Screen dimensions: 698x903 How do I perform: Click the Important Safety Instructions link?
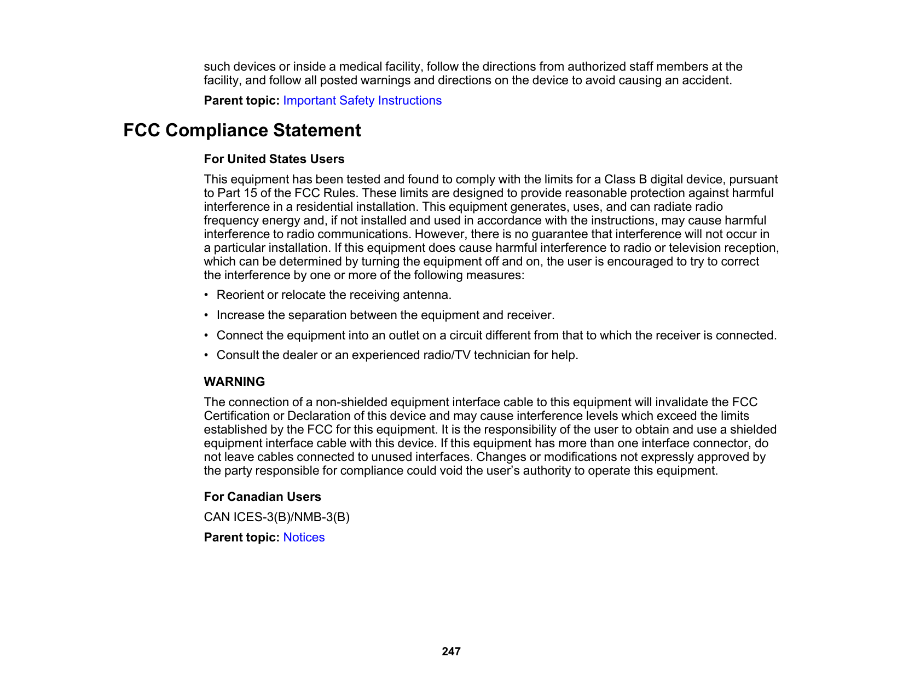pos(362,101)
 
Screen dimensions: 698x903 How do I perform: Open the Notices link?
pos(304,538)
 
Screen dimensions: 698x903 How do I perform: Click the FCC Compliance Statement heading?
pos(242,131)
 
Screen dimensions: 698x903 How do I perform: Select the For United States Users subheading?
pos(274,159)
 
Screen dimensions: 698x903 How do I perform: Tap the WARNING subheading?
pos(234,382)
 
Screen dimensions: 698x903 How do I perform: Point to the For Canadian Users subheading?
pos(262,497)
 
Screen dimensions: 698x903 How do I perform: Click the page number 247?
pos(451,651)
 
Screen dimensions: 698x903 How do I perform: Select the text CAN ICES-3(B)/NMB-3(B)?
pos(276,517)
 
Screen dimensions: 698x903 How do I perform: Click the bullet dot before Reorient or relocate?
pos(206,295)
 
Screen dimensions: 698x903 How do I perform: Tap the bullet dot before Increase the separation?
pos(206,315)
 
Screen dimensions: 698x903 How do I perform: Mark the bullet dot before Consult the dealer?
pos(206,355)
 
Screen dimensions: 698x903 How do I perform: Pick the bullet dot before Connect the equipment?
pos(206,336)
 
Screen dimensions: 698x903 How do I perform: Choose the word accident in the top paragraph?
pos(709,80)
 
